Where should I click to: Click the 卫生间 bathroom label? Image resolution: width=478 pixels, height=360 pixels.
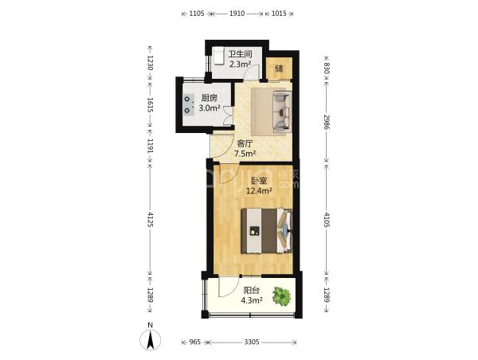click(241, 54)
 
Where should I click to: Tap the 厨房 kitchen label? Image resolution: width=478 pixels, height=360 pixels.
click(209, 98)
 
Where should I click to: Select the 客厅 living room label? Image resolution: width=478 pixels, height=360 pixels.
click(245, 143)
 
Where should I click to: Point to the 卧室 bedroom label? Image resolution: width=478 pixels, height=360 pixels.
click(259, 181)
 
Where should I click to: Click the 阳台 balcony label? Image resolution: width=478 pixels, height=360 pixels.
click(252, 291)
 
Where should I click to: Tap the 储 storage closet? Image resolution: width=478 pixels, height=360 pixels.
click(279, 68)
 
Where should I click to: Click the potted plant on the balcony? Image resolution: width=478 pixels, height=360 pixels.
click(282, 296)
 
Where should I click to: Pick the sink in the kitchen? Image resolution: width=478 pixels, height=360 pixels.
click(189, 104)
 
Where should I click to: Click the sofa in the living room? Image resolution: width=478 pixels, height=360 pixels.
click(283, 112)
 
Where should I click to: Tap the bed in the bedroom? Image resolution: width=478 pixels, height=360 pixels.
click(267, 231)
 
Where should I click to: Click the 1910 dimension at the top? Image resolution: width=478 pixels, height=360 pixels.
click(237, 14)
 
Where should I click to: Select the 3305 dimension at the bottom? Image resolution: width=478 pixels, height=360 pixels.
click(252, 342)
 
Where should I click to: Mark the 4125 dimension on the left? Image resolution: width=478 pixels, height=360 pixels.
click(150, 219)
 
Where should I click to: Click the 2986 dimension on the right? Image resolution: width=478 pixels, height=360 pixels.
click(327, 122)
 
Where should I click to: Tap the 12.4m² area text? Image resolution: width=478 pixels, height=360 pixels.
click(259, 191)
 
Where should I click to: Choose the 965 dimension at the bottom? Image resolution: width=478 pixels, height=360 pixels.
click(195, 342)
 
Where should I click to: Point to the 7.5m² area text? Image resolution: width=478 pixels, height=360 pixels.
click(245, 154)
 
